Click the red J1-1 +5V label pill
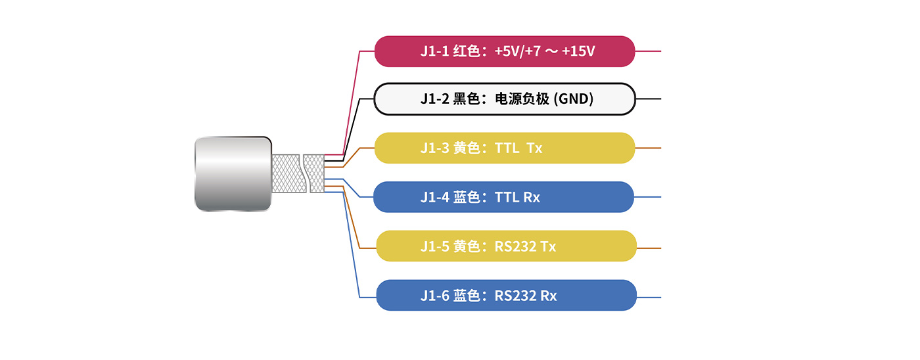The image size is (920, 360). point(505,51)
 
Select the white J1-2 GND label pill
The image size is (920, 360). point(505,99)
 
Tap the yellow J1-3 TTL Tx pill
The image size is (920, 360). point(505,148)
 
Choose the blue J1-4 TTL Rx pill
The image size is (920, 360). point(503,197)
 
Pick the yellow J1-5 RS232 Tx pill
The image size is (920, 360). point(506,246)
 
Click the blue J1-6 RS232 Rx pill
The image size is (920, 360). point(506,296)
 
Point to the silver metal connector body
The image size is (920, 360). point(233,174)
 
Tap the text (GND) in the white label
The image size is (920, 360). point(574,99)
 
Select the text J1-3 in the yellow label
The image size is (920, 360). point(434,148)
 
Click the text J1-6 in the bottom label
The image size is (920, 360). point(434,296)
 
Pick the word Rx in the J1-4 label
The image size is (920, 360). point(532,197)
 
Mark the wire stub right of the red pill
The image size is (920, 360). point(648,51)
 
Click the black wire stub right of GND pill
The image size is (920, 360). point(649,99)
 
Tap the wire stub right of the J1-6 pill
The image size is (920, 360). point(649,298)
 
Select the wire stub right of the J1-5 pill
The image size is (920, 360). point(649,248)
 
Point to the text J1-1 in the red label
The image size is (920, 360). point(434,51)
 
